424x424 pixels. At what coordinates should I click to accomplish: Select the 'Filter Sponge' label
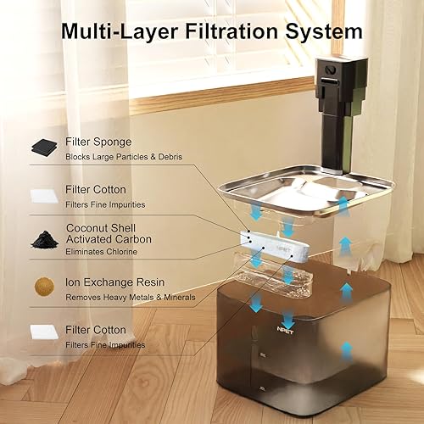click(x=99, y=141)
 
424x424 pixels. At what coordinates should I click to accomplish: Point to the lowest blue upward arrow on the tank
click(x=345, y=348)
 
